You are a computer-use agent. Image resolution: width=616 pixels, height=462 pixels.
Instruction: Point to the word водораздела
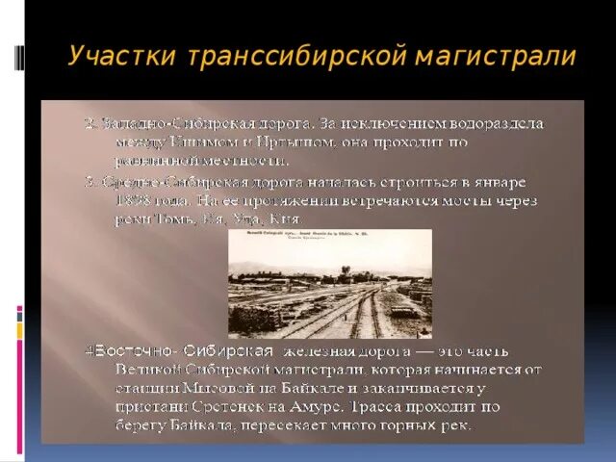[494, 124]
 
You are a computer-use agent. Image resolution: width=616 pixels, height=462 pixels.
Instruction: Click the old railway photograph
[330, 283]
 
